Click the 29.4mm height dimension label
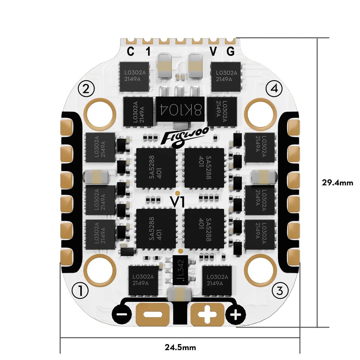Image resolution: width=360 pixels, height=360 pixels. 337,182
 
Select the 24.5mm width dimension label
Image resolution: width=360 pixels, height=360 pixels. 180,348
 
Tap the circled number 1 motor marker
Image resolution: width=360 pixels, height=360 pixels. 80,290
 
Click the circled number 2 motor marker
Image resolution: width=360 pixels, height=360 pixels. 86,88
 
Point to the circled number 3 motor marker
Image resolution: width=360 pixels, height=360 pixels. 280,290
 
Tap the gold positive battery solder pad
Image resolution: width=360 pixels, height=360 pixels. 207,314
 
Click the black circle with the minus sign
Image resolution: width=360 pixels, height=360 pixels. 122,315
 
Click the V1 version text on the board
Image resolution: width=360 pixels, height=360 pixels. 177,201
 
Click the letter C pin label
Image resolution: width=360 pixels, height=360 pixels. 130,52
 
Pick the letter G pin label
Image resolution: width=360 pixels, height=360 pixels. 230,52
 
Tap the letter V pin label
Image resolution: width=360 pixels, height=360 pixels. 213,52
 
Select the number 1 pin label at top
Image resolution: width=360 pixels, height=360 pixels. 148,52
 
